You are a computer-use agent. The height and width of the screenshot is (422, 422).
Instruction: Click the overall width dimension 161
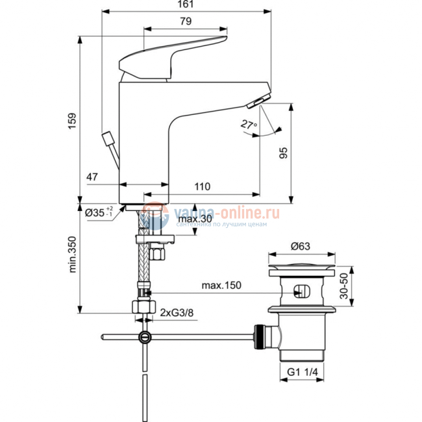tap(186, 5)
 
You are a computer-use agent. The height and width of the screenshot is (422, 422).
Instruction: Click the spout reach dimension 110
tap(202, 186)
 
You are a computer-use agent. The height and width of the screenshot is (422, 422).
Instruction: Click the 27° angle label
tap(248, 123)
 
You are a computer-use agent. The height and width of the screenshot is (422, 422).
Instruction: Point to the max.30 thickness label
tap(196, 219)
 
